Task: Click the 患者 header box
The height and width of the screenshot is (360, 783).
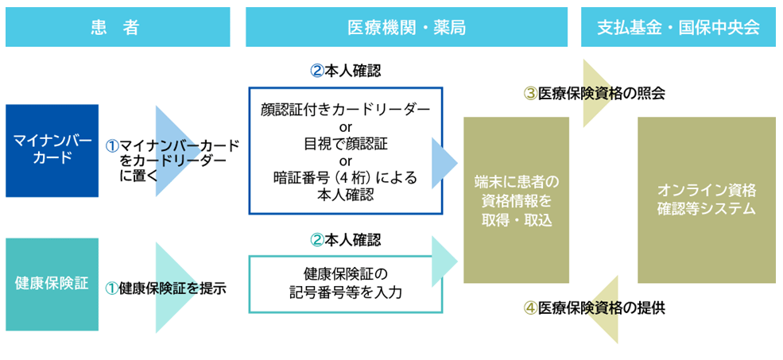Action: (x=117, y=27)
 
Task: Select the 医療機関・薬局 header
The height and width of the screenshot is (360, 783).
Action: (x=406, y=27)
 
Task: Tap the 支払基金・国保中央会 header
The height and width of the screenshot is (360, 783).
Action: (x=678, y=27)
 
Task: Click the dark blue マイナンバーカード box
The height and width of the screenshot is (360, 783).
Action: (x=52, y=150)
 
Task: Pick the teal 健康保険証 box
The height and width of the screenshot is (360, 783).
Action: (x=52, y=284)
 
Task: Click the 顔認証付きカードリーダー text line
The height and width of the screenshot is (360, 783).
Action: (x=345, y=110)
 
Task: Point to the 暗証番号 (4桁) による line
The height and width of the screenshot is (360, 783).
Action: (x=345, y=177)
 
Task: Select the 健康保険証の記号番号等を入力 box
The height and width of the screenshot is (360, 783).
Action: (x=345, y=284)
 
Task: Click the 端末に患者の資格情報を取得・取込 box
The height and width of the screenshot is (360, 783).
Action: (x=516, y=199)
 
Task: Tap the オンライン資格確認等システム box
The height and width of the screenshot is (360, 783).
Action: (x=706, y=199)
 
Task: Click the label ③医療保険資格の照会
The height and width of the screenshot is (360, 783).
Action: (x=594, y=93)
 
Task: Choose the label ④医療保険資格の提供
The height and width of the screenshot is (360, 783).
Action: (x=594, y=308)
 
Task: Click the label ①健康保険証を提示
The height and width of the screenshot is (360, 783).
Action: (x=166, y=288)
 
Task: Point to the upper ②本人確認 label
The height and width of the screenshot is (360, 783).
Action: (x=345, y=70)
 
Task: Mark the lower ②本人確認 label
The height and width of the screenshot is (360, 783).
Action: (x=345, y=239)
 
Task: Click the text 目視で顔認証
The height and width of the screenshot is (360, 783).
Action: (x=345, y=144)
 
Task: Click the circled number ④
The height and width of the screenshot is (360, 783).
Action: (x=530, y=308)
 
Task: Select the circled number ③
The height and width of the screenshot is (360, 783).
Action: (x=530, y=93)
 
